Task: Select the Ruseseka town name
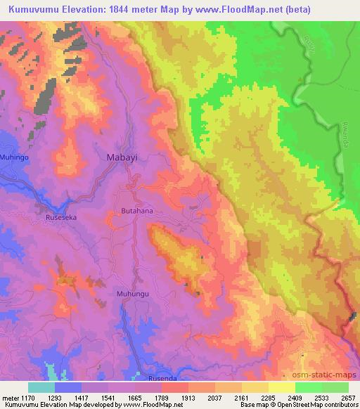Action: point(60,217)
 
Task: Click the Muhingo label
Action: point(15,157)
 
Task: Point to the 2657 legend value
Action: point(349,396)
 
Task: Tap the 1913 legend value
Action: point(188,396)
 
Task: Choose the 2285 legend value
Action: point(269,396)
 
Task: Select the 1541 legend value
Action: point(108,396)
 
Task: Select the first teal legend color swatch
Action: point(41,387)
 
